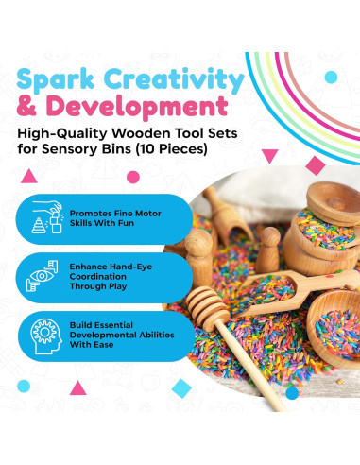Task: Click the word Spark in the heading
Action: pos(56,80)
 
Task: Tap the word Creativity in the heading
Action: pos(174,80)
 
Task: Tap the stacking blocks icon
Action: pos(47,217)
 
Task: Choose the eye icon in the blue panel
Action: pos(43,276)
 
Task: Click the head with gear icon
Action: pos(45,336)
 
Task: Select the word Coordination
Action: pos(97,277)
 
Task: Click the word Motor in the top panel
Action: pos(148,214)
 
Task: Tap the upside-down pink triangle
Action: pos(269,156)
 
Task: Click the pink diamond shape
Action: pos(316,165)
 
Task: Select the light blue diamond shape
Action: pos(181,388)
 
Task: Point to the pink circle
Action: pos(133,178)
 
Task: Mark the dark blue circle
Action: pos(292,392)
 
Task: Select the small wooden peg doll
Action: pos(267,250)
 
